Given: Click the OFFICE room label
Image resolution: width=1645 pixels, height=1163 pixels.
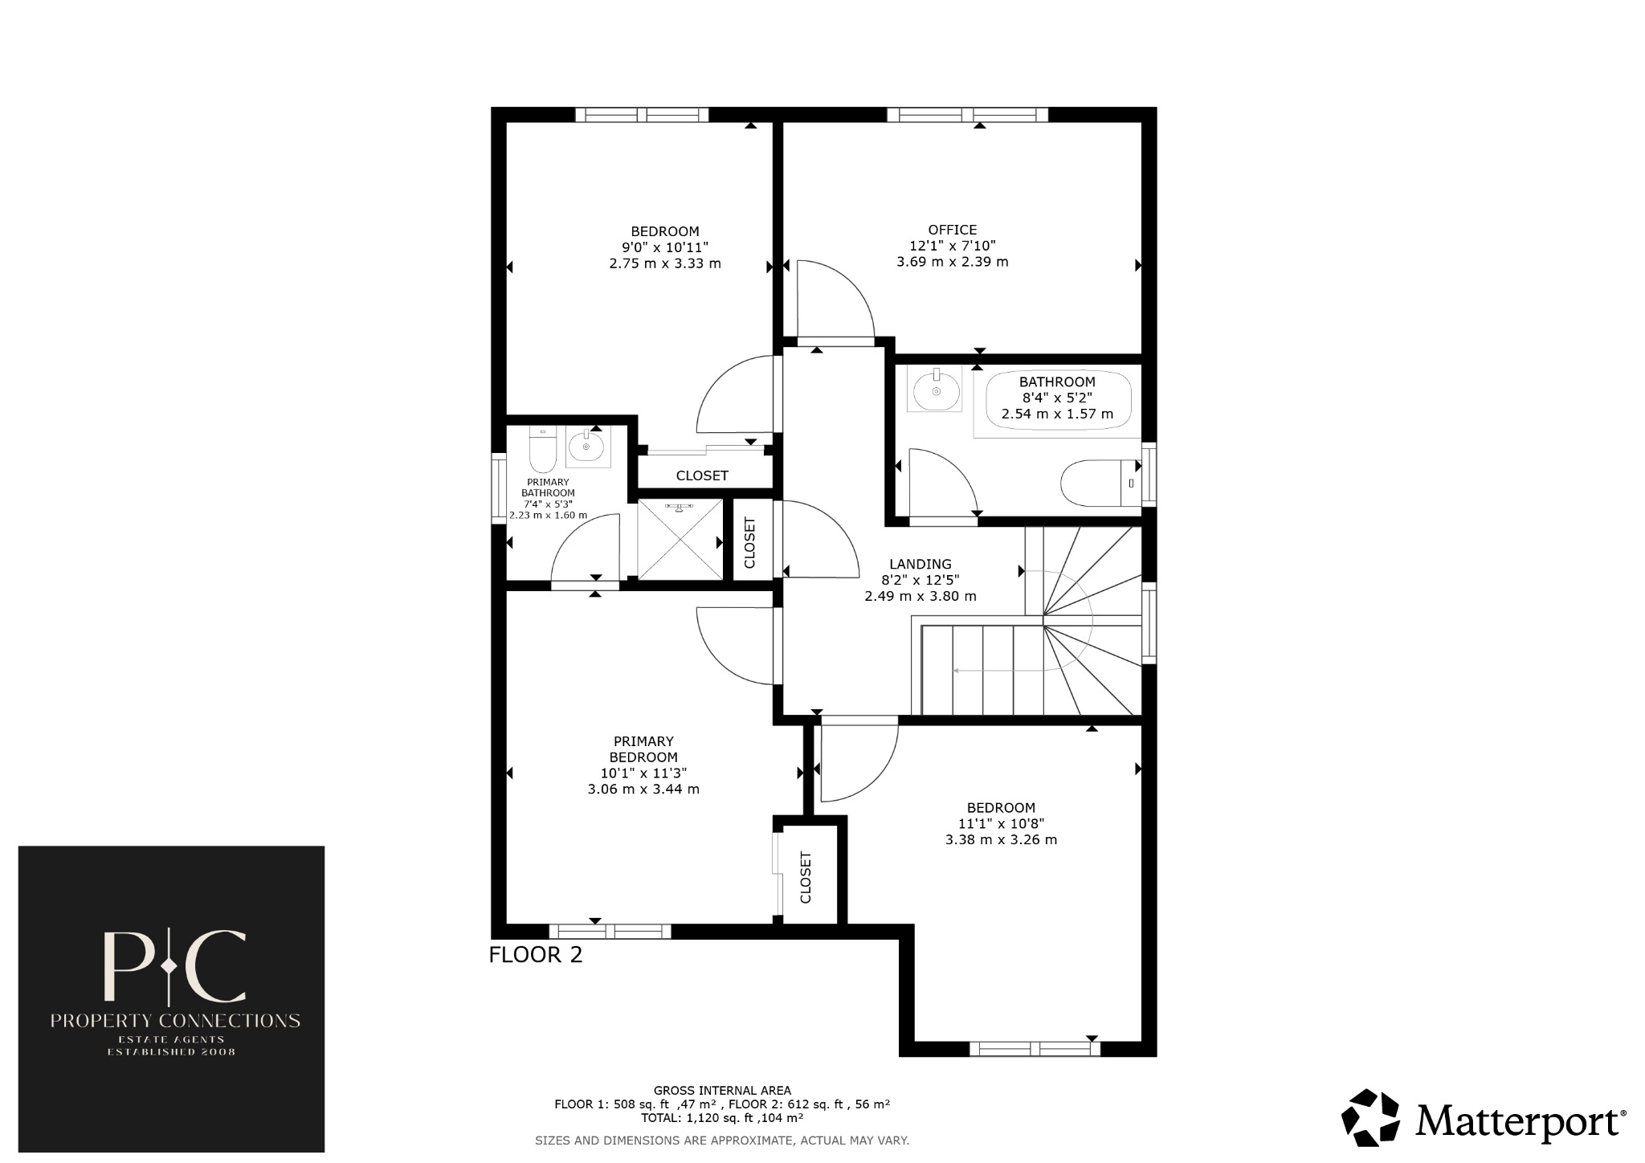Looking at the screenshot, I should click(952, 231).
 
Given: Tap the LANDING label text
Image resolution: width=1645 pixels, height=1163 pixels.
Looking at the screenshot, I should click(920, 565).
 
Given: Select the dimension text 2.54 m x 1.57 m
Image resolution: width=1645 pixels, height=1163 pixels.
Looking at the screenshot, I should click(1057, 414).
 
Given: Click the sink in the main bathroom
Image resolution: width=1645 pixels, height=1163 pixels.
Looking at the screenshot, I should click(937, 390).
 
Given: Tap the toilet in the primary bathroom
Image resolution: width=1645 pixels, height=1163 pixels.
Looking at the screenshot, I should click(543, 452).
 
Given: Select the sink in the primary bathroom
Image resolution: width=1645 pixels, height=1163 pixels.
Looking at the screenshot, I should click(586, 447).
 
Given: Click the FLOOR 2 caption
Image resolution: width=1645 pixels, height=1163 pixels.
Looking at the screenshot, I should click(536, 955).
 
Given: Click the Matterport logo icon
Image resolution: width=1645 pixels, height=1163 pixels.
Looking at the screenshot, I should click(1373, 1117).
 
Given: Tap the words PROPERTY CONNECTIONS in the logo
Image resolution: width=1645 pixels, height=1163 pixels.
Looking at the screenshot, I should click(175, 1021).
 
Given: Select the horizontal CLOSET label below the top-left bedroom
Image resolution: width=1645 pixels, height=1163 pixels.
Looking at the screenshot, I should click(702, 475).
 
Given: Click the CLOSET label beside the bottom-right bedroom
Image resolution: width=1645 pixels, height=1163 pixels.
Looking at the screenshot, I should click(806, 877).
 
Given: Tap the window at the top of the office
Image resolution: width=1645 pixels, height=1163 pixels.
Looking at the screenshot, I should click(968, 115).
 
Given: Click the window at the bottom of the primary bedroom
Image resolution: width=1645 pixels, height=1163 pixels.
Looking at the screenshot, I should click(610, 932).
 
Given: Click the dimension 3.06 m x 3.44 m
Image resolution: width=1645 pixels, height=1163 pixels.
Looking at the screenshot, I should click(643, 790).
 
